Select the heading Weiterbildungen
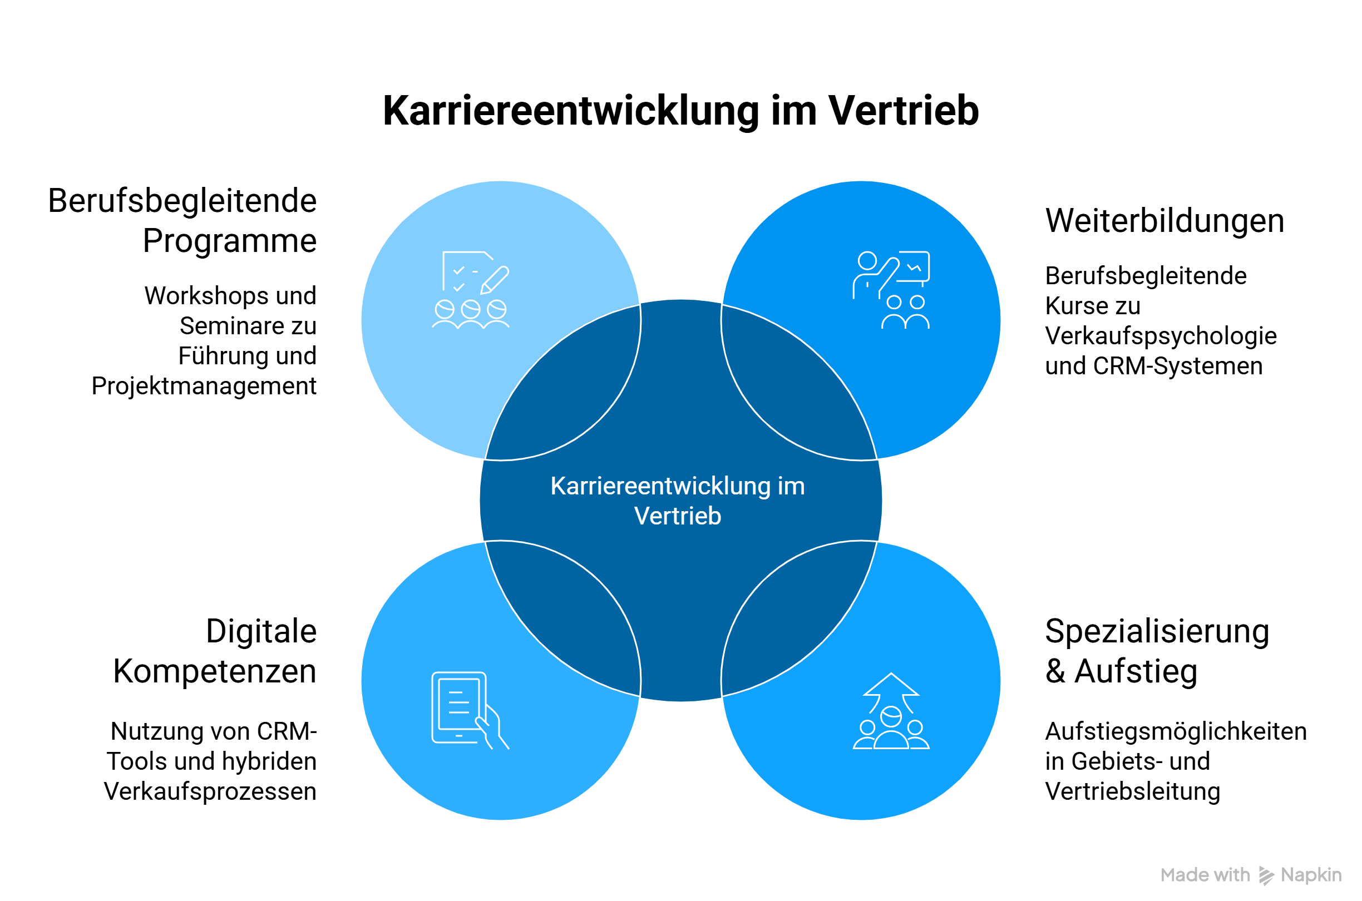(1164, 221)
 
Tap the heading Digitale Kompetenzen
(215, 651)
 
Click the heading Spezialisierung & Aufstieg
(1157, 651)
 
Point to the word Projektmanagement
(204, 386)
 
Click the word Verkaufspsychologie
(1161, 336)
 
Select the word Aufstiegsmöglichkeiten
(1176, 731)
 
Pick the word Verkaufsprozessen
(210, 792)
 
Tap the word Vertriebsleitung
(1133, 792)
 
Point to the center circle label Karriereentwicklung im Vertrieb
(678, 501)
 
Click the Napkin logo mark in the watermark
(1267, 876)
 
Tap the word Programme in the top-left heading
(230, 240)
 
